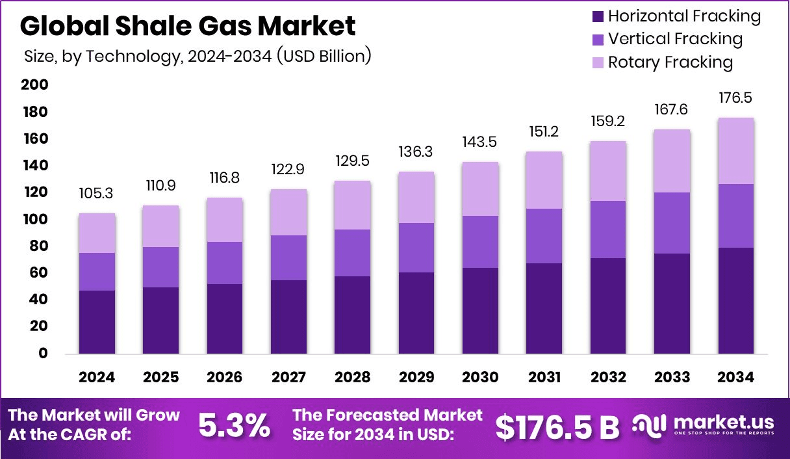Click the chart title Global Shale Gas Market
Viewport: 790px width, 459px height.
tap(188, 26)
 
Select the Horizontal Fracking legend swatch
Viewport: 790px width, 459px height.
tap(598, 16)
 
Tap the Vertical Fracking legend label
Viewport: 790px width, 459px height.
tap(675, 39)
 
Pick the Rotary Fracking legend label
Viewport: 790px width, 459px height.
tap(670, 62)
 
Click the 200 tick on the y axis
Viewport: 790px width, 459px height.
tap(34, 85)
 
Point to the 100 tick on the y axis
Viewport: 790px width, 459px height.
tap(34, 219)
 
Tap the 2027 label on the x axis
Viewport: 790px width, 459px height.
tap(288, 378)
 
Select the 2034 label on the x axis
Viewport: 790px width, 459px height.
tap(736, 378)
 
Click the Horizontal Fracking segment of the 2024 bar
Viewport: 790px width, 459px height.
tap(97, 322)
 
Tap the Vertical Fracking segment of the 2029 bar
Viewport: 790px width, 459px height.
tap(416, 248)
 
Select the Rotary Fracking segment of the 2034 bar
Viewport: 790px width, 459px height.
tap(736, 151)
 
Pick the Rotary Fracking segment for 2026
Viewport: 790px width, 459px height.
tap(225, 220)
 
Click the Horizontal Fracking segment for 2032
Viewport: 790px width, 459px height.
tap(608, 306)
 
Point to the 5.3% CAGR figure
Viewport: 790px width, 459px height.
tap(234, 426)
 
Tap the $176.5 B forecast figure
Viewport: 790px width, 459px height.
tap(557, 426)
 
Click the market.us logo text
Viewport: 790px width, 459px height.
tap(722, 423)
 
